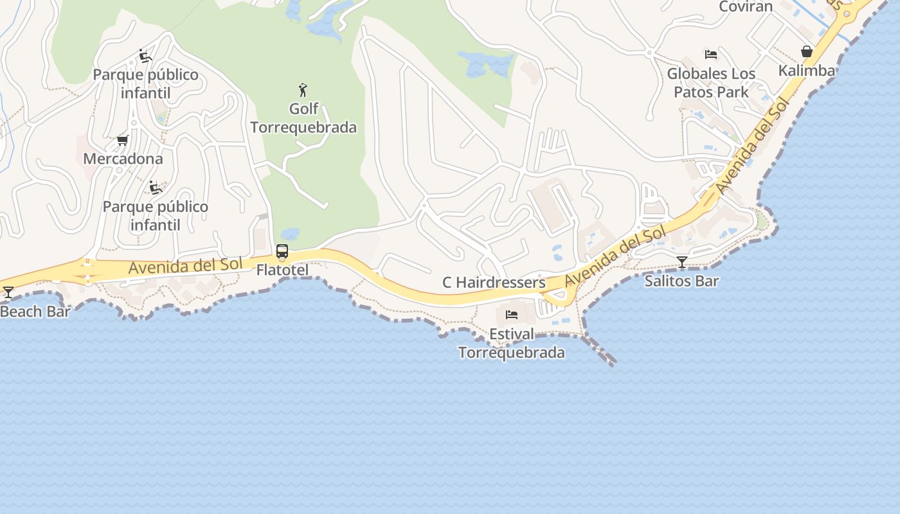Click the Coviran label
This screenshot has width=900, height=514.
pyautogui.click(x=745, y=7)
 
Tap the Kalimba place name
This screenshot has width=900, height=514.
pyautogui.click(x=806, y=71)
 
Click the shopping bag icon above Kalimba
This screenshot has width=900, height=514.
pyautogui.click(x=807, y=51)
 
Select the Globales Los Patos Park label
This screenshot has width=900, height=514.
pyautogui.click(x=711, y=83)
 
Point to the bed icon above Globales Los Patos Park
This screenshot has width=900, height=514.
pyautogui.click(x=711, y=55)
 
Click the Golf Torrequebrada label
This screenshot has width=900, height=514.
pyautogui.click(x=303, y=118)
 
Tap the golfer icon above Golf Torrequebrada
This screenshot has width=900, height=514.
pyautogui.click(x=303, y=89)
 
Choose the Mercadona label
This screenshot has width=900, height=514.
pyautogui.click(x=123, y=159)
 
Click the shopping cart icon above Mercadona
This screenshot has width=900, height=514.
pyautogui.click(x=122, y=140)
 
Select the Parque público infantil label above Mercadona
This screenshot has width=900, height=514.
pyautogui.click(x=146, y=84)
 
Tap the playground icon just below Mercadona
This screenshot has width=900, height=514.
pyautogui.click(x=155, y=188)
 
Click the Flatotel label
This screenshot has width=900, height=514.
pyautogui.click(x=282, y=270)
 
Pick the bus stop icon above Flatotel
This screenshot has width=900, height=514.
pyautogui.click(x=282, y=251)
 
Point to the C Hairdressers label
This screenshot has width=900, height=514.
pyautogui.click(x=494, y=283)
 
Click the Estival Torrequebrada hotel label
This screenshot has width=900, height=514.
pyautogui.click(x=512, y=344)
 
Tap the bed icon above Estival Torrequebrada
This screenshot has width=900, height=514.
pyautogui.click(x=512, y=315)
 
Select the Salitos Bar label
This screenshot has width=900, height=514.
pyautogui.click(x=681, y=281)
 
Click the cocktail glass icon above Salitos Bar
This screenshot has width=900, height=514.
pyautogui.click(x=682, y=261)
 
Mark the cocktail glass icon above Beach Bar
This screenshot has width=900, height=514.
pyautogui.click(x=8, y=292)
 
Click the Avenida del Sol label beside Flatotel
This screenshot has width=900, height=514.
pyautogui.click(x=185, y=265)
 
